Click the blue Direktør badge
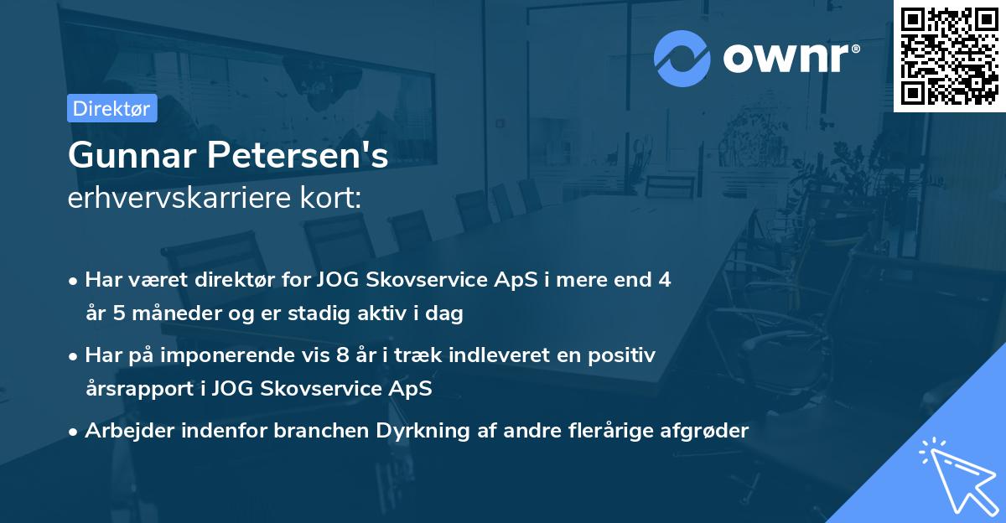pyautogui.click(x=112, y=108)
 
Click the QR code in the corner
pyautogui.click(x=949, y=55)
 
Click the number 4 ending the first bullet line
pyautogui.click(x=665, y=280)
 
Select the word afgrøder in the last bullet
pyautogui.click(x=706, y=431)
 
